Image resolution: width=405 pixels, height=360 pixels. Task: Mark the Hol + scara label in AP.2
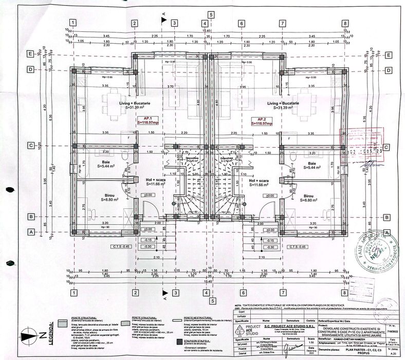pyautogui.click(x=260, y=182)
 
